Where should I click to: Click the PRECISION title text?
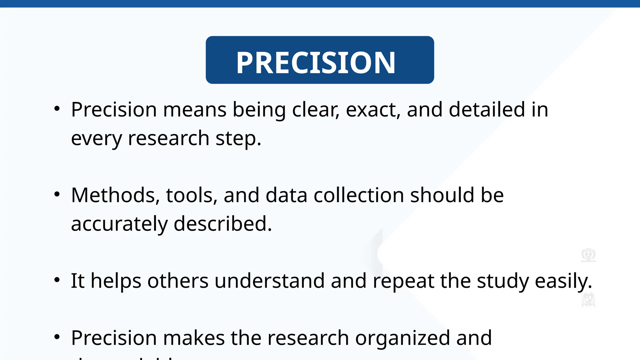point(316,62)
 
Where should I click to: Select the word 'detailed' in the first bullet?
point(487,110)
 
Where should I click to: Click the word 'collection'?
point(359,195)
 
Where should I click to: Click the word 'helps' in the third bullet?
point(116,281)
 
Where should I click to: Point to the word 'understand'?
point(269,281)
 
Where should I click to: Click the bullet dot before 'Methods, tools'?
point(57,194)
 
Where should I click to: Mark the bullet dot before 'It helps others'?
point(57,280)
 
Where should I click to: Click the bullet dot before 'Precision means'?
point(57,109)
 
